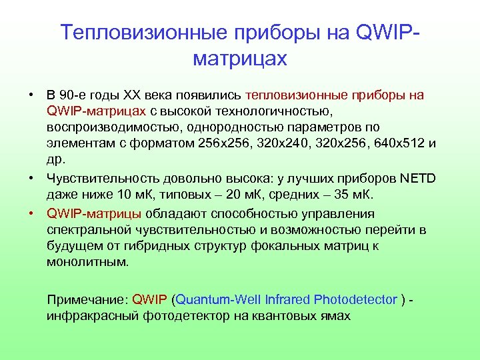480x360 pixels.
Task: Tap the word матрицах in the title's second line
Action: tap(239, 59)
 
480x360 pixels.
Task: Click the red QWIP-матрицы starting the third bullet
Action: tap(93, 215)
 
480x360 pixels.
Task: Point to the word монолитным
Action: tap(87, 262)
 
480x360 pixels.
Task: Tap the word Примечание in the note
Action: tap(87, 300)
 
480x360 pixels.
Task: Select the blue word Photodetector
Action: tap(355, 300)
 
